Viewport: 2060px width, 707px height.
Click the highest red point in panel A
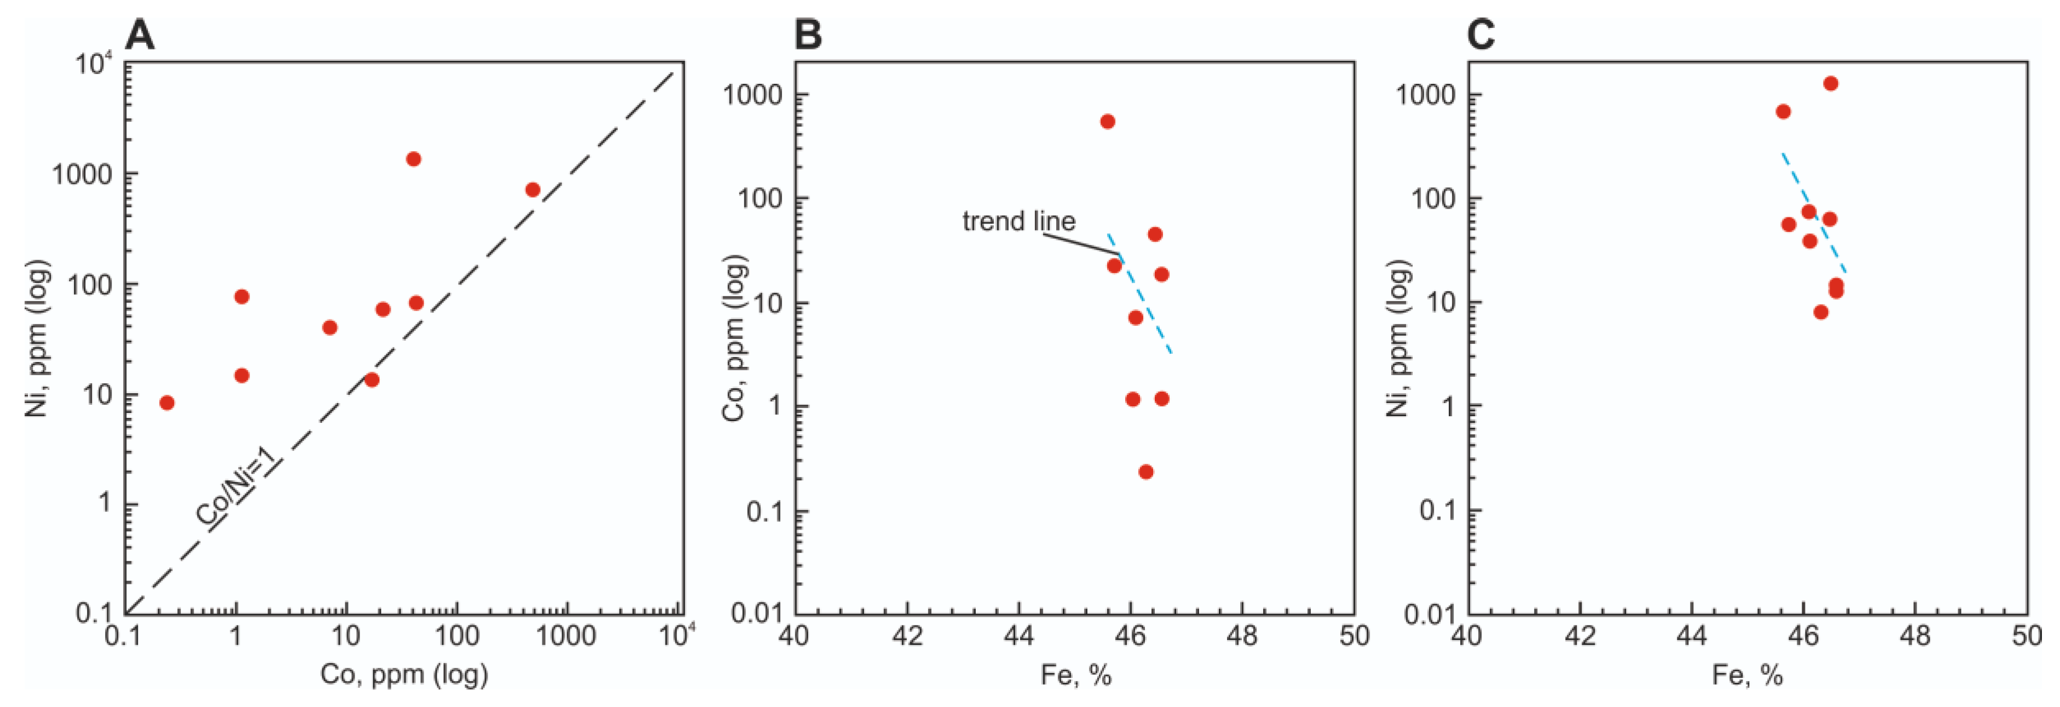pos(413,159)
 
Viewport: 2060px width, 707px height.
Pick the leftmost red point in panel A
pos(166,403)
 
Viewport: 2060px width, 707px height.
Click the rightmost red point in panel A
pos(533,189)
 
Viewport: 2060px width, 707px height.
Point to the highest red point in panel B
pos(1108,122)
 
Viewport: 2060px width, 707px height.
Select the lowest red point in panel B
pos(1146,472)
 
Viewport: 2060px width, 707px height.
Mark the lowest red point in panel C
pos(1821,312)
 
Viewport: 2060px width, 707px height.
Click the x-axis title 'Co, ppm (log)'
pos(404,674)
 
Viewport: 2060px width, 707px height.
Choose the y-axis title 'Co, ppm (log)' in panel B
pos(734,337)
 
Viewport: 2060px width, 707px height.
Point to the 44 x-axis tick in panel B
pos(1019,636)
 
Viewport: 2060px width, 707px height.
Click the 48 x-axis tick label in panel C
pos(1916,636)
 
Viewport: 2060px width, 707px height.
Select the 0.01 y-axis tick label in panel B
pos(759,614)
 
